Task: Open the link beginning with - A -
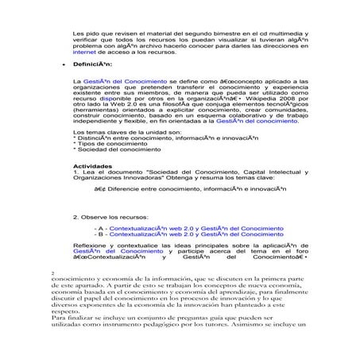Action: click(195, 228)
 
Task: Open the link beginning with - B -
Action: click(195, 235)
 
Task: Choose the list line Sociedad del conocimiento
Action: click(116, 151)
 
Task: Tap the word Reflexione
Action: click(92, 249)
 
